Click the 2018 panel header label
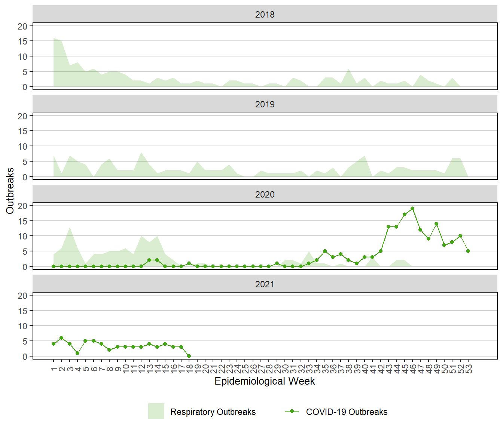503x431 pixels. pos(265,15)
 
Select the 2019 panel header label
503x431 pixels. pos(265,104)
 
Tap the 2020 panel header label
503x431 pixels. pos(265,195)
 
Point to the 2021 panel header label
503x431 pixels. pos(265,284)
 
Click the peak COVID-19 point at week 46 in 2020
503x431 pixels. pos(412,208)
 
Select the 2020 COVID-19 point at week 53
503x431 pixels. pos(468,251)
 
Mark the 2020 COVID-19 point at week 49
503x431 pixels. pos(436,224)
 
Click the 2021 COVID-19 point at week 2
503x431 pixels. pos(61,338)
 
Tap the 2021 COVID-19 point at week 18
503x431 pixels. pos(189,356)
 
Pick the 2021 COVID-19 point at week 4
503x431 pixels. pos(77,353)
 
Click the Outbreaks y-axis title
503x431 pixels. pos(10,191)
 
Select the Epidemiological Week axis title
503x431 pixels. pos(265,381)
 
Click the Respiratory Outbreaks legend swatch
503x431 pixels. pos(156,411)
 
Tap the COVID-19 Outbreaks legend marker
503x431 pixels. pos(292,411)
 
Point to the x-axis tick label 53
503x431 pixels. pos(469,369)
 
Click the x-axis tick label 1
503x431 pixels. pos(54,369)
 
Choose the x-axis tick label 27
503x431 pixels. pos(261,369)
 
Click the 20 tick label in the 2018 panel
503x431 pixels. pos(22,26)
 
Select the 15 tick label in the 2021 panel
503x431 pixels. pos(22,311)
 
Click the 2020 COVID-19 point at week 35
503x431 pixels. pos(325,251)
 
